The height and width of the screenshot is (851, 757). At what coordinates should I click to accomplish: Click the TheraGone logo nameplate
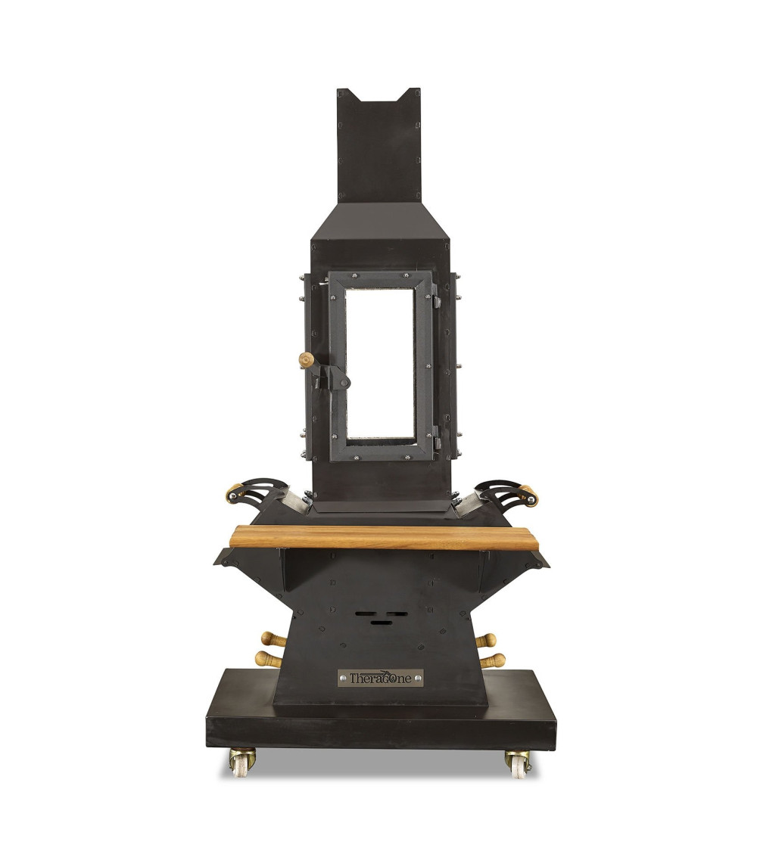(x=380, y=678)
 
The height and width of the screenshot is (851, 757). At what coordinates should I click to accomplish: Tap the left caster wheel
(x=241, y=762)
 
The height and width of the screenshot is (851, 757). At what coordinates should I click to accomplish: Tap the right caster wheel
(x=517, y=763)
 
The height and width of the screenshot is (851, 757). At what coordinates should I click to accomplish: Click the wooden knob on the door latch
(x=307, y=359)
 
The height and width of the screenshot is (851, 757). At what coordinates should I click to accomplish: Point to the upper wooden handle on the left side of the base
(x=273, y=639)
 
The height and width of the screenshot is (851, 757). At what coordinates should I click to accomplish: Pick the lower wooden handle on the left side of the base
(x=269, y=660)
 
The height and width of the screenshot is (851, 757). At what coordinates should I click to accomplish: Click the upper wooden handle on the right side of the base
(x=485, y=641)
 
